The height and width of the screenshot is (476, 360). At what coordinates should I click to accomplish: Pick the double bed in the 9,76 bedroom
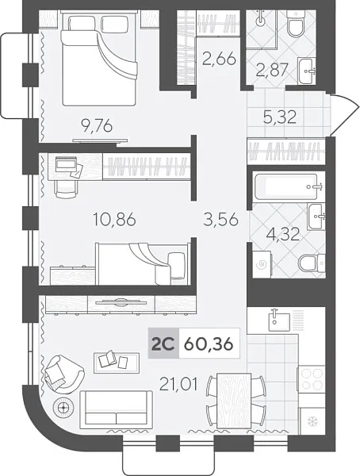click(99, 59)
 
